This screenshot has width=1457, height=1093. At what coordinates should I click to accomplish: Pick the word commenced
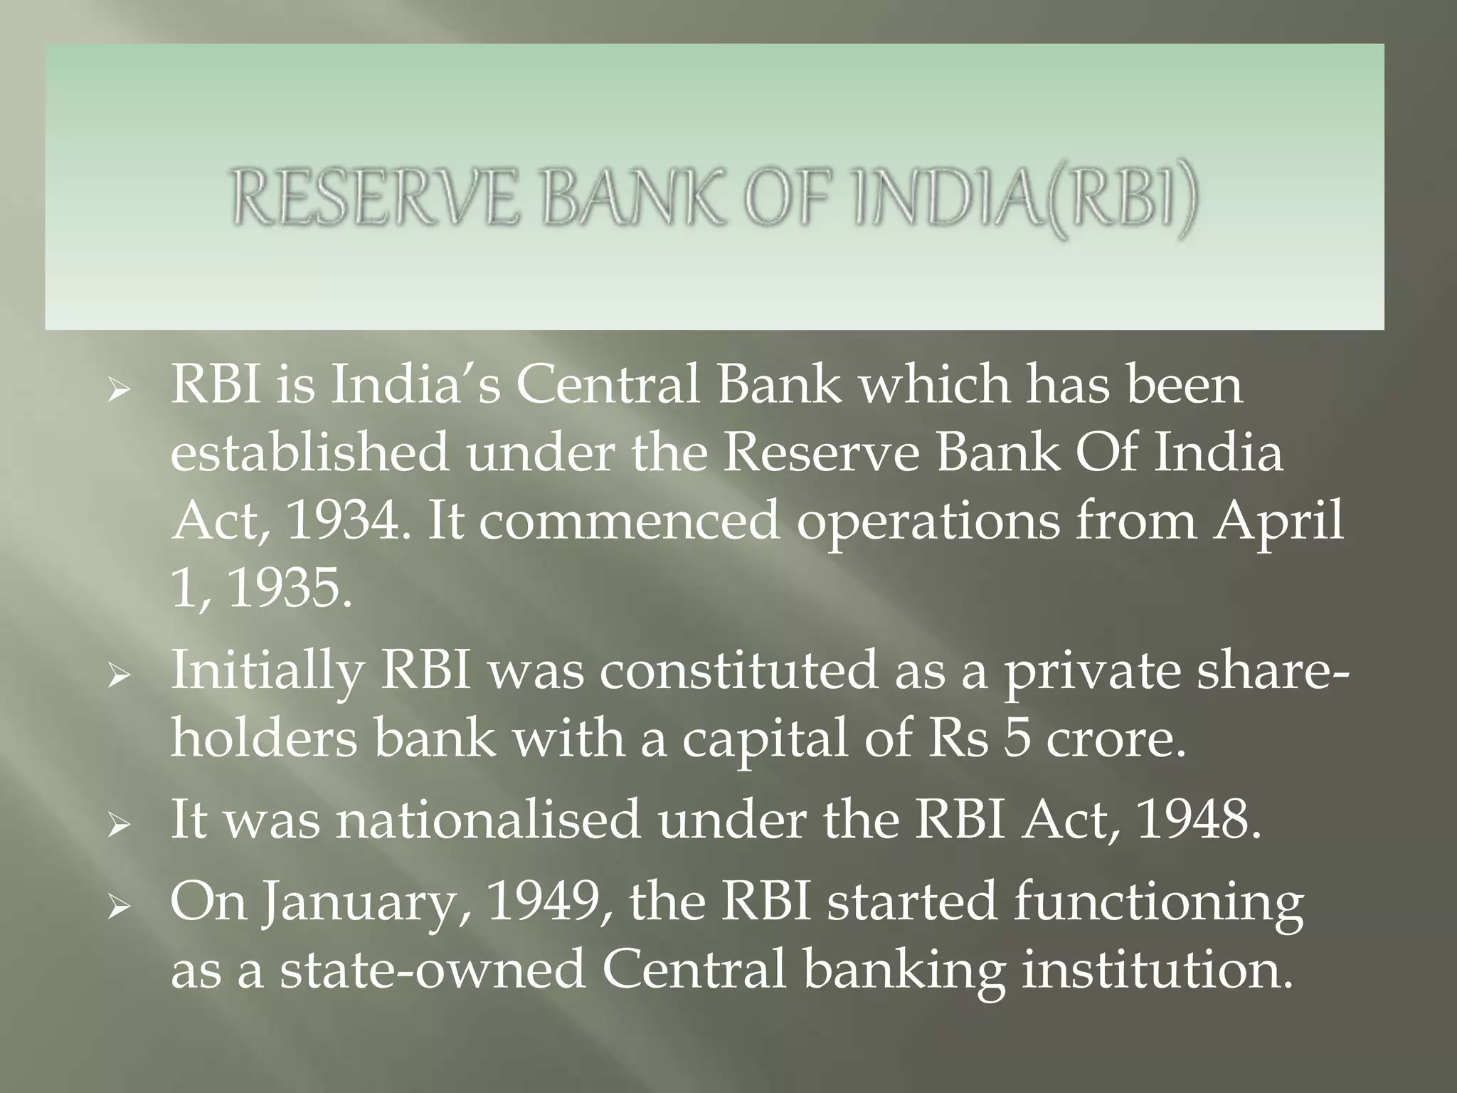tap(629, 521)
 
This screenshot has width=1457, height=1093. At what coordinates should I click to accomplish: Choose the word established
tap(310, 453)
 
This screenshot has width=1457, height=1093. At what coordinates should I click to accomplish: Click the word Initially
tap(267, 671)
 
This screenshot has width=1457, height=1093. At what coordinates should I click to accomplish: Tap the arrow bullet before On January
tap(117, 905)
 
